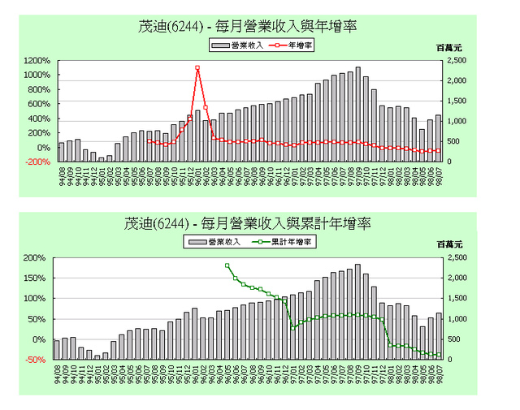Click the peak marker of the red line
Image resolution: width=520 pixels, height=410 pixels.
pos(197,68)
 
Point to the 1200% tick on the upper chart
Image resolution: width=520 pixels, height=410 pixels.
pos(37,61)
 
